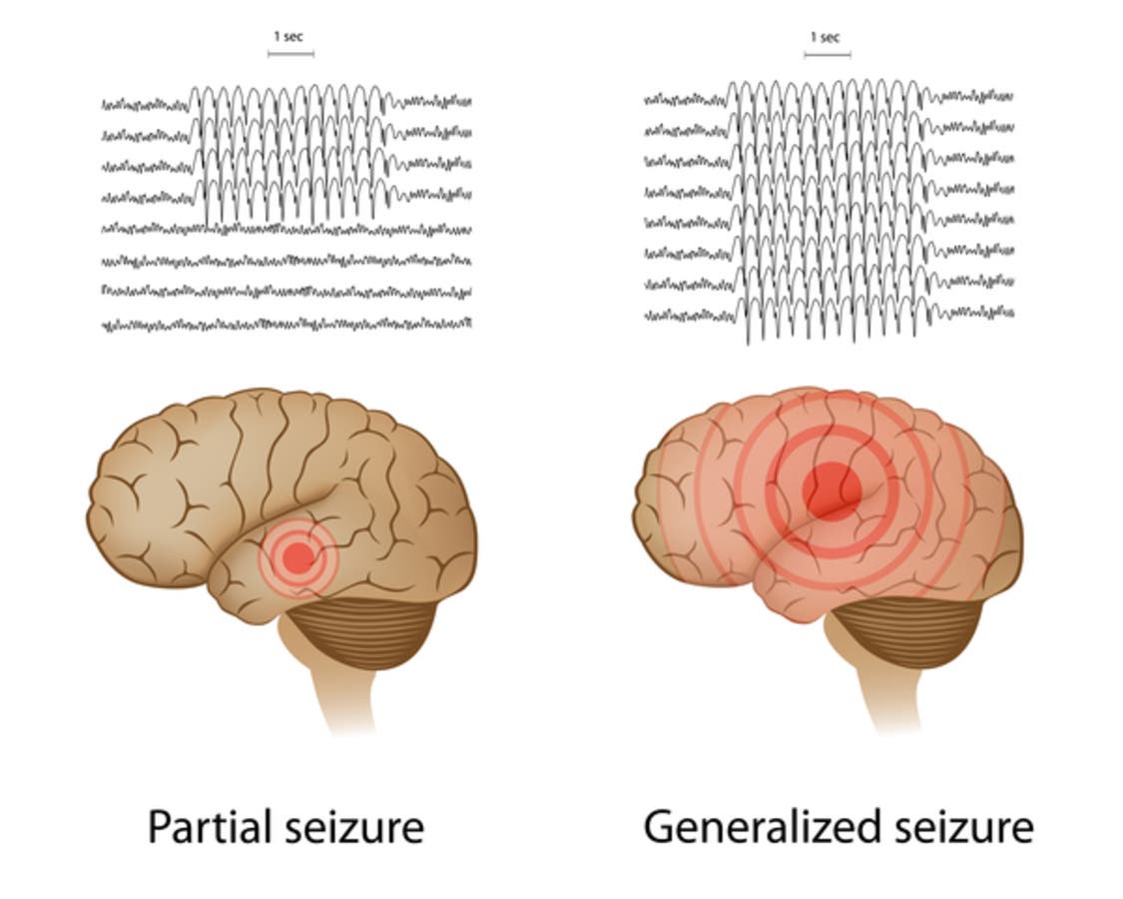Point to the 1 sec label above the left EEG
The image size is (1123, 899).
[x=288, y=37]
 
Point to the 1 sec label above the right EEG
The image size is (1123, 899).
[x=825, y=37]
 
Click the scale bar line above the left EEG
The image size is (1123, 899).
[x=290, y=54]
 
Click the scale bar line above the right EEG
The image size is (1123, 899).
[x=827, y=54]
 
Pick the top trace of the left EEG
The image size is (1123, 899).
[x=140, y=104]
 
